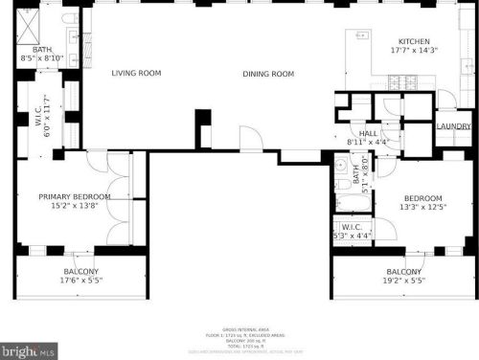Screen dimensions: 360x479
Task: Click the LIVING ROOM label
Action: (x=135, y=73)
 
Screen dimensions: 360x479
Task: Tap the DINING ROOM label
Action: (x=267, y=74)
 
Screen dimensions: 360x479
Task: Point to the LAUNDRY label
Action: (x=453, y=126)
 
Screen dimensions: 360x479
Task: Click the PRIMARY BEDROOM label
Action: (x=75, y=196)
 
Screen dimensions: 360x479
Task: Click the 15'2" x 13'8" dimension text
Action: (x=75, y=205)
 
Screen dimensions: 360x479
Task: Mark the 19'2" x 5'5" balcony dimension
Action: (x=403, y=281)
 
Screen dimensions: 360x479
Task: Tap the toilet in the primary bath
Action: (x=66, y=19)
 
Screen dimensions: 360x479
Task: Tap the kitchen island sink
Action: (x=364, y=38)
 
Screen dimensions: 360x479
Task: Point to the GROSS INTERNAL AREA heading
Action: (x=240, y=326)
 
